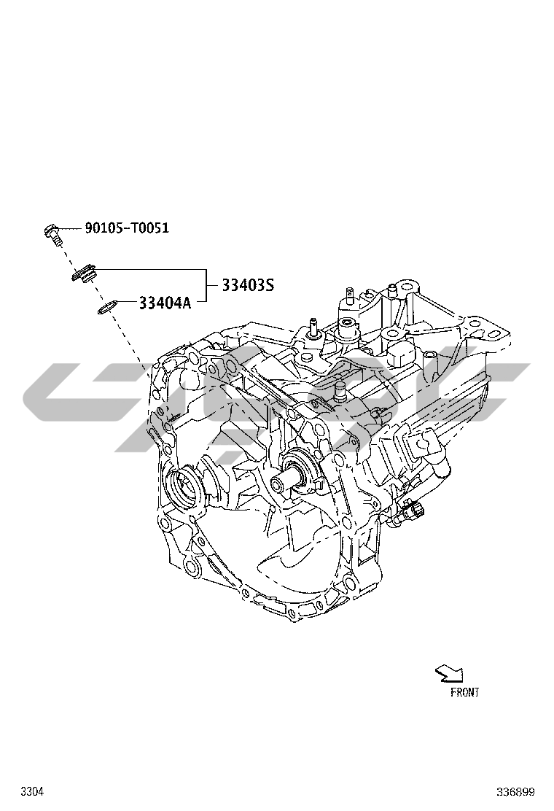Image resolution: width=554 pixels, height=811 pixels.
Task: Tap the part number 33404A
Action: pyautogui.click(x=165, y=303)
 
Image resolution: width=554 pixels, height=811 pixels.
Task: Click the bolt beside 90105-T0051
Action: pyautogui.click(x=52, y=233)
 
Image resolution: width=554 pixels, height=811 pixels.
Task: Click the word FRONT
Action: pyautogui.click(x=464, y=692)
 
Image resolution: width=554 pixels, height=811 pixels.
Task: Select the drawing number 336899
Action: pyautogui.click(x=515, y=791)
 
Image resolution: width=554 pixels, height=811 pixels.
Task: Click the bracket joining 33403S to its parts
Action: pyautogui.click(x=205, y=285)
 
